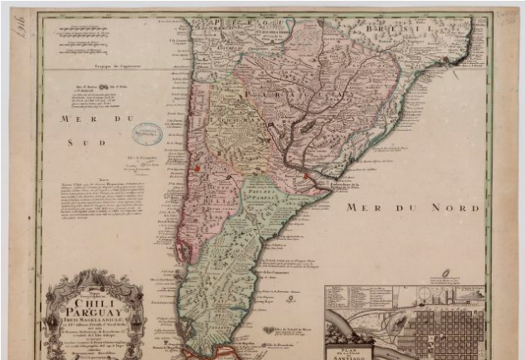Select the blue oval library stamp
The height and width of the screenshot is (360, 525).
pos(149,133)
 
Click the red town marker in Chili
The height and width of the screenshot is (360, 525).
pos(197,168)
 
